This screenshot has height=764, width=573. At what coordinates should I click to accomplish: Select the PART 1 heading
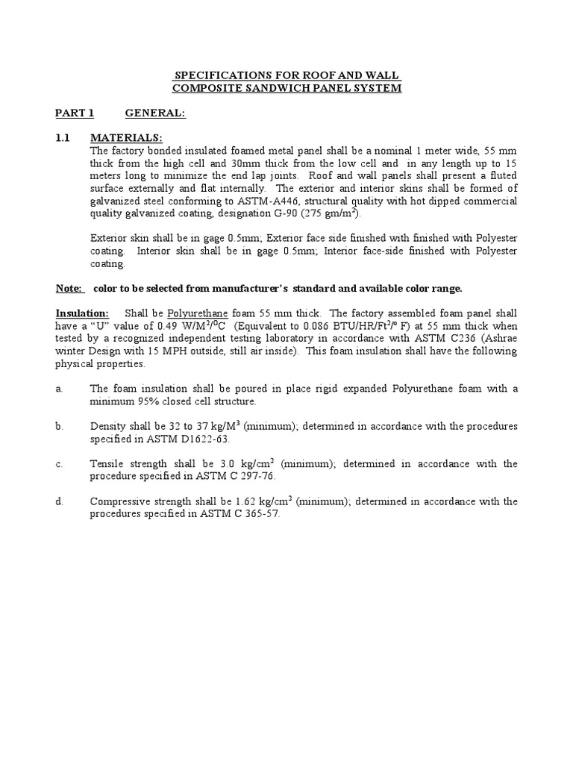[x=75, y=113]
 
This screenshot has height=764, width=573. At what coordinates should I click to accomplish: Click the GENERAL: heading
[x=154, y=113]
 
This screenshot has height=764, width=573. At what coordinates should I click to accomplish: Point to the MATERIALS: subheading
[x=125, y=139]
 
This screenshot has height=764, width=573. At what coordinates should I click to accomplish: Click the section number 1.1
[x=63, y=139]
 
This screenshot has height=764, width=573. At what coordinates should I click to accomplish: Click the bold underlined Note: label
[x=70, y=289]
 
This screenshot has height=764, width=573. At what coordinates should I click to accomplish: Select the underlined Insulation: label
[x=82, y=313]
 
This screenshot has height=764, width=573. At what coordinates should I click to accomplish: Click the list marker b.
[x=59, y=427]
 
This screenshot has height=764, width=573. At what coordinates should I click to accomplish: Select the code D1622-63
[x=187, y=439]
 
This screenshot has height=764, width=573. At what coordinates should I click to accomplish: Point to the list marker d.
[x=59, y=501]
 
